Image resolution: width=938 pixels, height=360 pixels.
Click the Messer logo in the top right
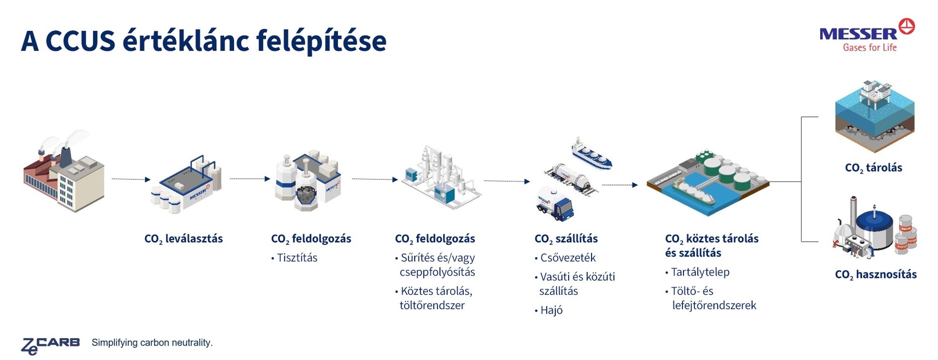[x=867, y=35]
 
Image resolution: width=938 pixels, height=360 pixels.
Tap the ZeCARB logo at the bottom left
[x=50, y=345]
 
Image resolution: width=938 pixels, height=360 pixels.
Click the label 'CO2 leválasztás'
[x=183, y=239]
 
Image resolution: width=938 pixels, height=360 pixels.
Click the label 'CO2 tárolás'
[x=873, y=168]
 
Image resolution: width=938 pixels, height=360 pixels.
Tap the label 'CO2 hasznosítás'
[x=876, y=274]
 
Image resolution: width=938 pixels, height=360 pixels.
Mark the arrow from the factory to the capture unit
[x=131, y=179]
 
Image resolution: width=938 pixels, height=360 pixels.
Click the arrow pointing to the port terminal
[x=620, y=185]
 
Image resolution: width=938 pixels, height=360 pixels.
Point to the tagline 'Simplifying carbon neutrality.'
[x=152, y=343]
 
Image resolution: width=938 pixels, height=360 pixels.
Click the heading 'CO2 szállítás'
[x=566, y=239]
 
